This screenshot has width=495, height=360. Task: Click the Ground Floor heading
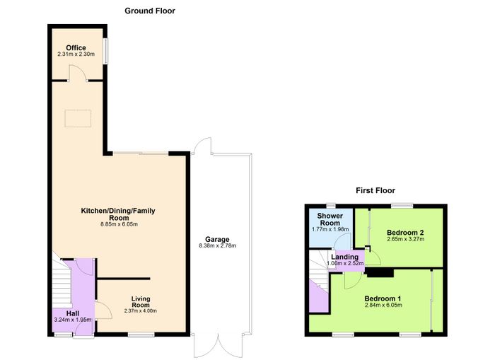(150, 11)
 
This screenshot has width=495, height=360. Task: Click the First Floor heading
(375, 190)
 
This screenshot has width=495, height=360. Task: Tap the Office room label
(76, 47)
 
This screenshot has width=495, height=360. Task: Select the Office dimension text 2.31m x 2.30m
(76, 54)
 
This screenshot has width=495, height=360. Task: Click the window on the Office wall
(106, 51)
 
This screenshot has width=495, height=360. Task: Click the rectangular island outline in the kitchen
(78, 118)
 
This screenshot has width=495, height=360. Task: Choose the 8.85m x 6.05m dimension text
(119, 224)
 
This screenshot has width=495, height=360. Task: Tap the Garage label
(217, 239)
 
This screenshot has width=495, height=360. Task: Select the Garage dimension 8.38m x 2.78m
(217, 245)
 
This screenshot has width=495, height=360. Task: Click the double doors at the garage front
(218, 346)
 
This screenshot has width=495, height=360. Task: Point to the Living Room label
(141, 301)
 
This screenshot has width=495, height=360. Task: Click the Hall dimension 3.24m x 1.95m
(73, 320)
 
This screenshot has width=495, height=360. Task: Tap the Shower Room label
(330, 219)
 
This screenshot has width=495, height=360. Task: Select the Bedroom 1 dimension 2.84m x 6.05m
(383, 305)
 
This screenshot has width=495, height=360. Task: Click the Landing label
(345, 257)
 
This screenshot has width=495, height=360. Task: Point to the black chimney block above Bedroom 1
(380, 273)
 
